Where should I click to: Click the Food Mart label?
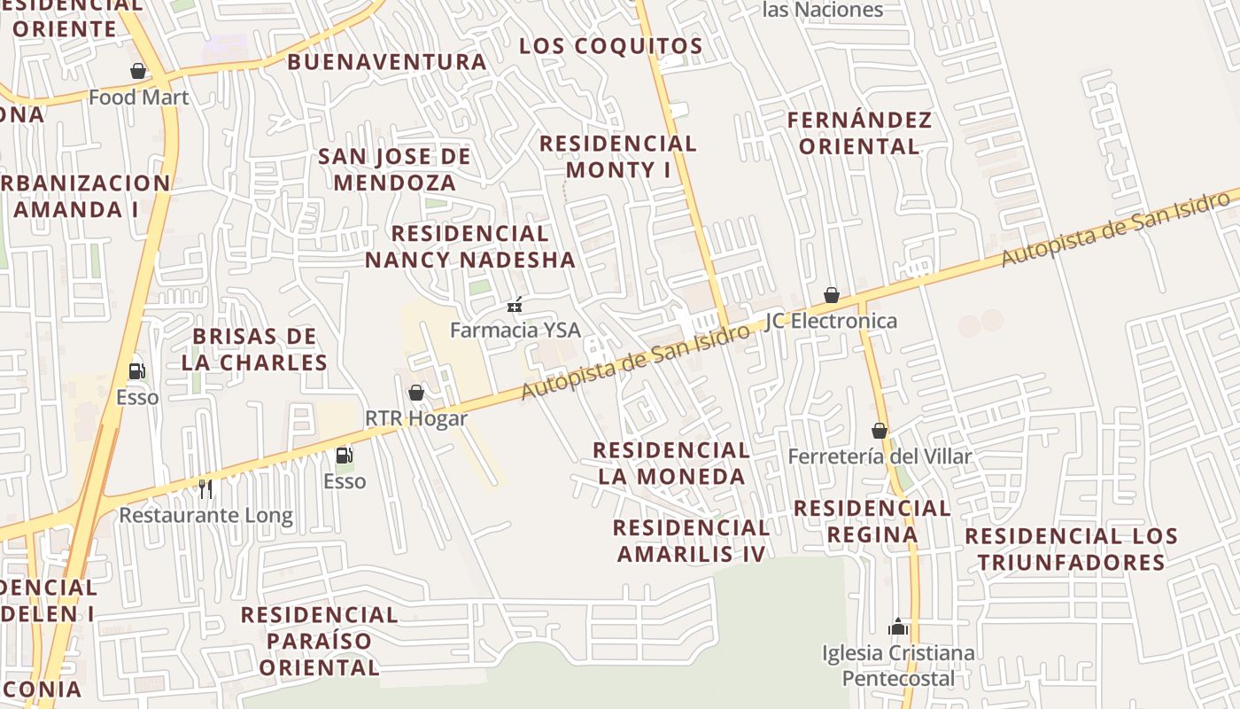pyautogui.click(x=139, y=97)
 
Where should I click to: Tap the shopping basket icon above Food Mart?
pyautogui.click(x=138, y=71)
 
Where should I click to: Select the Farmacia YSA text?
pyautogui.click(x=515, y=331)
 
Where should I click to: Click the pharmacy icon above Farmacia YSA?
pyautogui.click(x=515, y=306)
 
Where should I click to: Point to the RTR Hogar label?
pyautogui.click(x=416, y=418)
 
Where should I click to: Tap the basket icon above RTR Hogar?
pyautogui.click(x=416, y=393)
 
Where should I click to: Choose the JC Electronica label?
pyautogui.click(x=831, y=321)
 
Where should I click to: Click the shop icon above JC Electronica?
pyautogui.click(x=832, y=295)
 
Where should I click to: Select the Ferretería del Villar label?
pyautogui.click(x=880, y=457)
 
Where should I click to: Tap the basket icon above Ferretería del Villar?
pyautogui.click(x=880, y=432)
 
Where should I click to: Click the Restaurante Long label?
pyautogui.click(x=205, y=515)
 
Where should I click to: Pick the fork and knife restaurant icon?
pyautogui.click(x=205, y=488)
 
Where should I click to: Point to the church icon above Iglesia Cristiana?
pyautogui.click(x=898, y=627)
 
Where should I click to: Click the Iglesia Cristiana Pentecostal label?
pyautogui.click(x=898, y=666)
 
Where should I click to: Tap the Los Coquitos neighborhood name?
pyautogui.click(x=610, y=46)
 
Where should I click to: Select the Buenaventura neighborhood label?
pyautogui.click(x=387, y=62)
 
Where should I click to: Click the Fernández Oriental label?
pyautogui.click(x=859, y=133)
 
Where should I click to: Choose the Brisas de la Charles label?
pyautogui.click(x=255, y=349)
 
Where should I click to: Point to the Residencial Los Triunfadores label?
pyautogui.click(x=1071, y=549)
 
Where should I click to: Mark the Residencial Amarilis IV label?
pyautogui.click(x=691, y=541)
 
